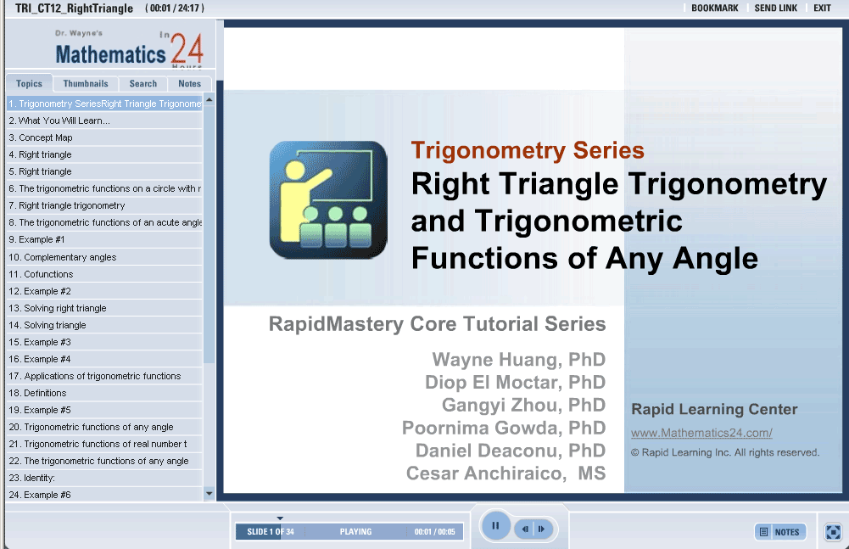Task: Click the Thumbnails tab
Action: click(86, 83)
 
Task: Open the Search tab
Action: click(143, 83)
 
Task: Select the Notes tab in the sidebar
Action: click(189, 83)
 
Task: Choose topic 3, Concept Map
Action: click(41, 137)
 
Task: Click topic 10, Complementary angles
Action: click(62, 257)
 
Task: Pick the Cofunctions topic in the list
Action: click(41, 274)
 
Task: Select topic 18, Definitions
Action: click(37, 393)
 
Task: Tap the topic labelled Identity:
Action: click(31, 478)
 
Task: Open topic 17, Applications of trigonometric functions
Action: click(95, 376)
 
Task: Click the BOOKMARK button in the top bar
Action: click(715, 8)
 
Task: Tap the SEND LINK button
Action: click(776, 8)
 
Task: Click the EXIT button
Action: click(822, 8)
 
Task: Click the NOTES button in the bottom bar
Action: click(780, 532)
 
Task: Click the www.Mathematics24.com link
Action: click(701, 433)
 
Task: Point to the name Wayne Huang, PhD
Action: click(519, 359)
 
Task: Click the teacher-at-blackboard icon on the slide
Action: click(328, 200)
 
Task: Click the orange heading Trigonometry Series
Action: click(528, 150)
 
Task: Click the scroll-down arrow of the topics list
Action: click(209, 494)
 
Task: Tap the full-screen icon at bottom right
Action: click(833, 532)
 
